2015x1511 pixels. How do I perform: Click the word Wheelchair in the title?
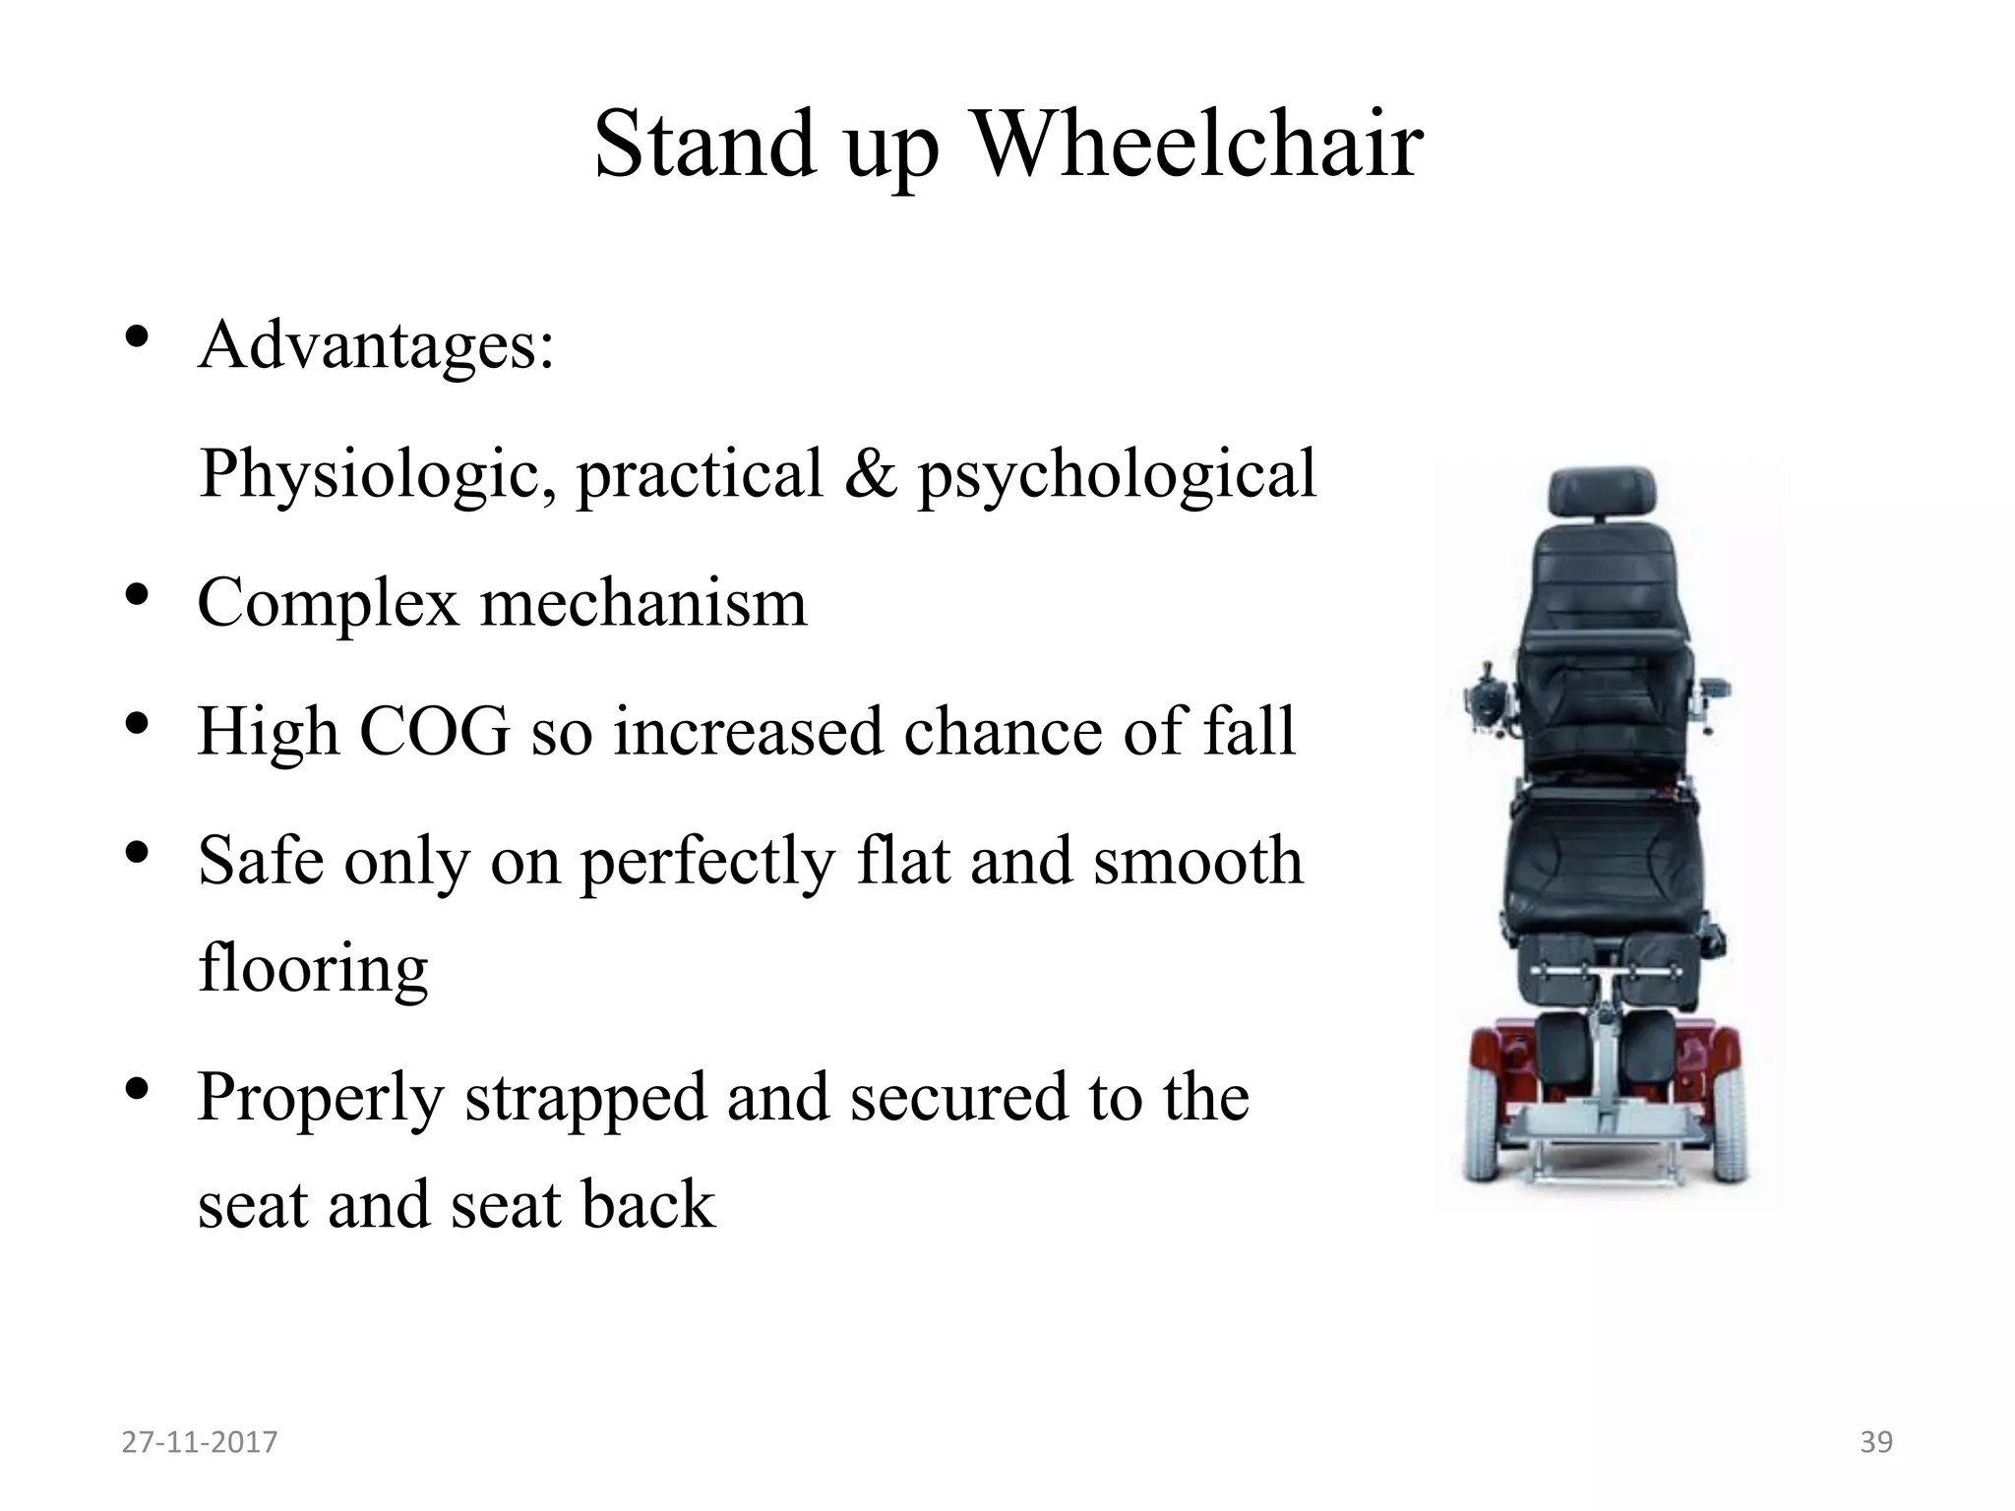1197,145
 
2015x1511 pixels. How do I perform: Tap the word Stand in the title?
704,145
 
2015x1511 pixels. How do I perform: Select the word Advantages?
376,346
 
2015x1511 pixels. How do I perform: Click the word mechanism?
643,602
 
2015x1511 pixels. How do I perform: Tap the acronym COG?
435,731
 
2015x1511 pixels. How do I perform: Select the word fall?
1250,731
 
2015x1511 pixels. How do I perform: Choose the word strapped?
585,1097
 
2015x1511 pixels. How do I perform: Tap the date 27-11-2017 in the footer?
200,1442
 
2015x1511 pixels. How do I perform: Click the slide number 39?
1876,1442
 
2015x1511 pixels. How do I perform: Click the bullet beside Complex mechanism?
137,595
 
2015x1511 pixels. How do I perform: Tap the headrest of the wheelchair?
1602,493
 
